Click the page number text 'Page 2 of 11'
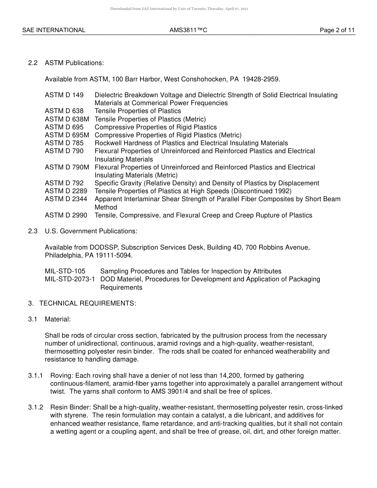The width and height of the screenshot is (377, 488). [337, 30]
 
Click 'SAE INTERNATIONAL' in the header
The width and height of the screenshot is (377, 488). [54, 30]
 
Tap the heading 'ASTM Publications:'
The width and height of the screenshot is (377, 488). [74, 63]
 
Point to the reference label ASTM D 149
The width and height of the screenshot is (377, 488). [64, 95]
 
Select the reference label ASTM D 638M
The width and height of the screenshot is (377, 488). [67, 119]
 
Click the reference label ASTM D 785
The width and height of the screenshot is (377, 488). [64, 143]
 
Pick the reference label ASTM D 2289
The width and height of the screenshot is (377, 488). [66, 191]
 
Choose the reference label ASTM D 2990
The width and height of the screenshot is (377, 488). [66, 215]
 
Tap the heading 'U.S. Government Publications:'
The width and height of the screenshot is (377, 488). [91, 231]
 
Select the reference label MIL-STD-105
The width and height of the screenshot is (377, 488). [65, 271]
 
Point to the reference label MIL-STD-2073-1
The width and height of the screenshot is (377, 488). [70, 279]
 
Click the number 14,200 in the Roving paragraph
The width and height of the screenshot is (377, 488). [227, 375]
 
